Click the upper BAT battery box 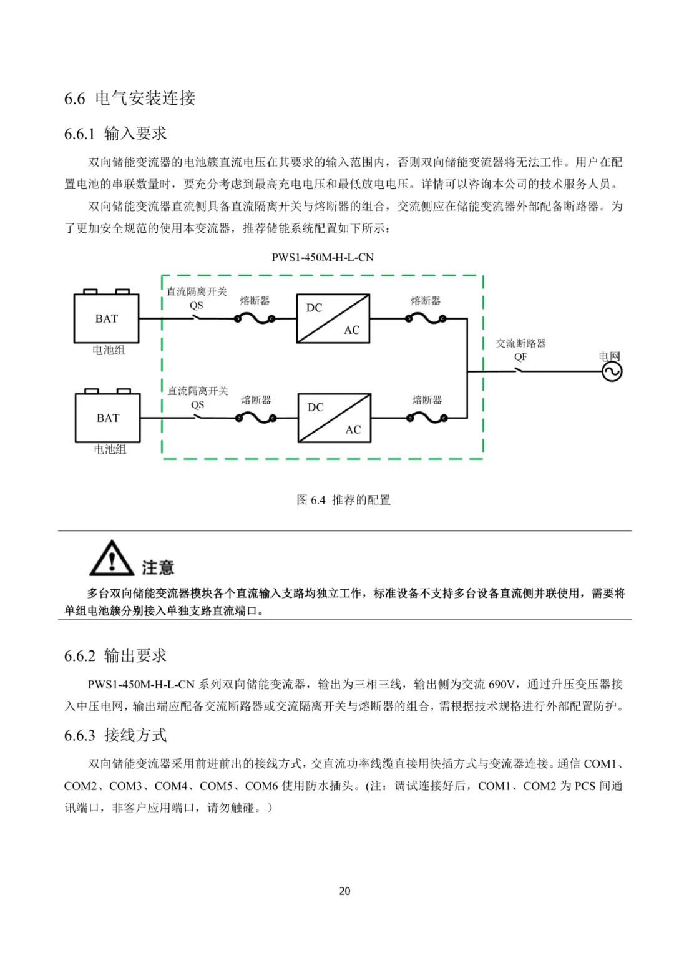click(106, 318)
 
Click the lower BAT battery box click(107, 418)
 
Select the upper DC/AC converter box click(333, 318)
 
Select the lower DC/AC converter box click(335, 418)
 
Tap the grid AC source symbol click(612, 372)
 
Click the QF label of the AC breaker click(520, 357)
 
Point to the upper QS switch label click(197, 305)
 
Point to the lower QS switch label click(198, 404)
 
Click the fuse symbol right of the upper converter click(426, 318)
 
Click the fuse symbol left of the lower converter click(256, 418)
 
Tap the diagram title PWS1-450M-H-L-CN click(323, 257)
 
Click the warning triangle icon click(111, 559)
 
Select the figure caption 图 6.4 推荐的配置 click(343, 500)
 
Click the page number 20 click(344, 891)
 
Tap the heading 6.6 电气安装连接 click(130, 98)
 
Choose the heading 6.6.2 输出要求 click(115, 655)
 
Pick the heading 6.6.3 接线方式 click(115, 735)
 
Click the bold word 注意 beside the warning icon click(157, 567)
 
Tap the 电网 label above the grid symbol click(610, 356)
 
